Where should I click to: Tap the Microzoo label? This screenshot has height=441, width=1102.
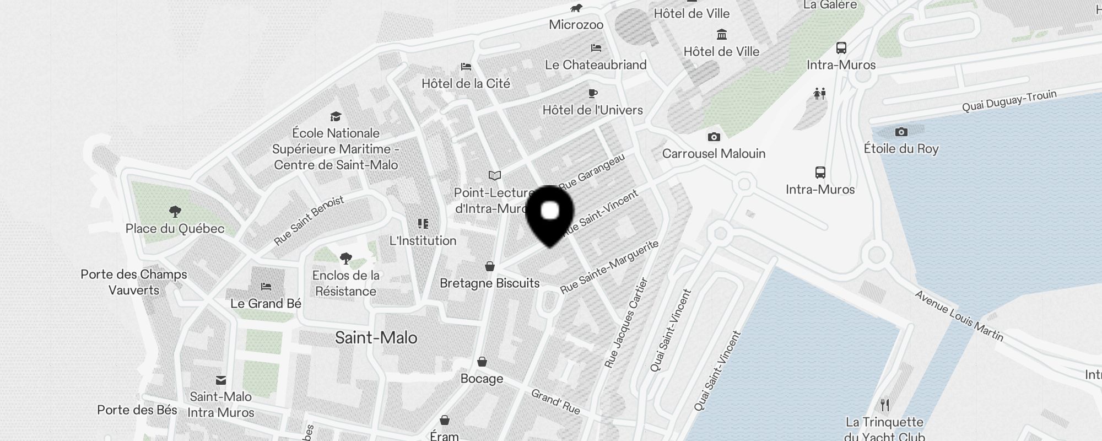point(576,25)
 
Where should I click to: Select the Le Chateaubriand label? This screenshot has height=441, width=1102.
point(596,65)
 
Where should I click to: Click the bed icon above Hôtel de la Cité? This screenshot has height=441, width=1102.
point(466,67)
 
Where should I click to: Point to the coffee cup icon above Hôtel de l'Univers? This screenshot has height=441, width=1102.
point(593,93)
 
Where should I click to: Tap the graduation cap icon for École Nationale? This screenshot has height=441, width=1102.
point(336,116)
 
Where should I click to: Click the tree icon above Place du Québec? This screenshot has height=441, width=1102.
point(175,211)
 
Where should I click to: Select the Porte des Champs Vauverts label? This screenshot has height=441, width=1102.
point(134,282)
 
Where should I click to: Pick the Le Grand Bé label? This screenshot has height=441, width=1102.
point(266,304)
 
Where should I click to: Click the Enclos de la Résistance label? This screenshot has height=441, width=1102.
point(346,283)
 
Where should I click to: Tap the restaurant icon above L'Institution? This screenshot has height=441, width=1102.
point(423,223)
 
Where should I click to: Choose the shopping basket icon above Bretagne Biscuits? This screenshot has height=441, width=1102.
point(489,267)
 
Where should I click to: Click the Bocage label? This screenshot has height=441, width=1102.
point(482,379)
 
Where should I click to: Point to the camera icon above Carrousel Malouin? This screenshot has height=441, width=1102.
point(714,137)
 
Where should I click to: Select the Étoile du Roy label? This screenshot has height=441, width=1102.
point(901,149)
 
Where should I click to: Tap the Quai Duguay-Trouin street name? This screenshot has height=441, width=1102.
point(1009,101)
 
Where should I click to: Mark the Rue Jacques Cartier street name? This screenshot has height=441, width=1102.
point(626,324)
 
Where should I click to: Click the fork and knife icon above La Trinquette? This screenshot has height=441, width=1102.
point(885,405)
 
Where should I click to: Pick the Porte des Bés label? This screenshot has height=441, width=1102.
point(137,410)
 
